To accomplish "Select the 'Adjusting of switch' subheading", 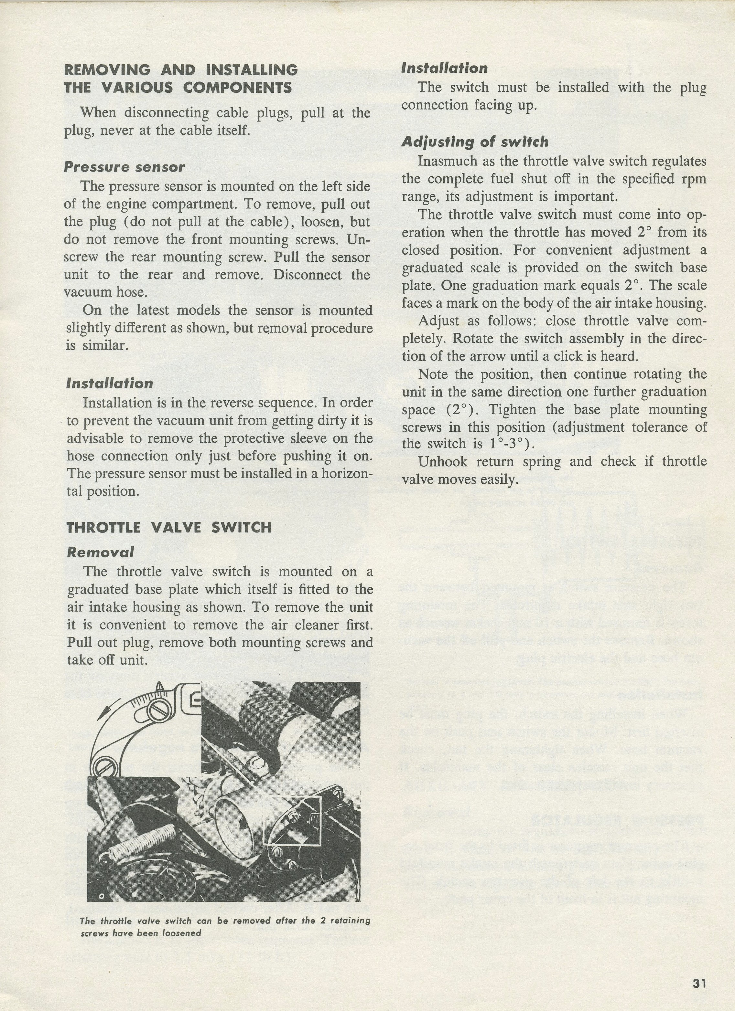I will point(475,142).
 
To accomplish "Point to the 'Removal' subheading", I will point(100,552).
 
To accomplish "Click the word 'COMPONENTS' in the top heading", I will point(237,87).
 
